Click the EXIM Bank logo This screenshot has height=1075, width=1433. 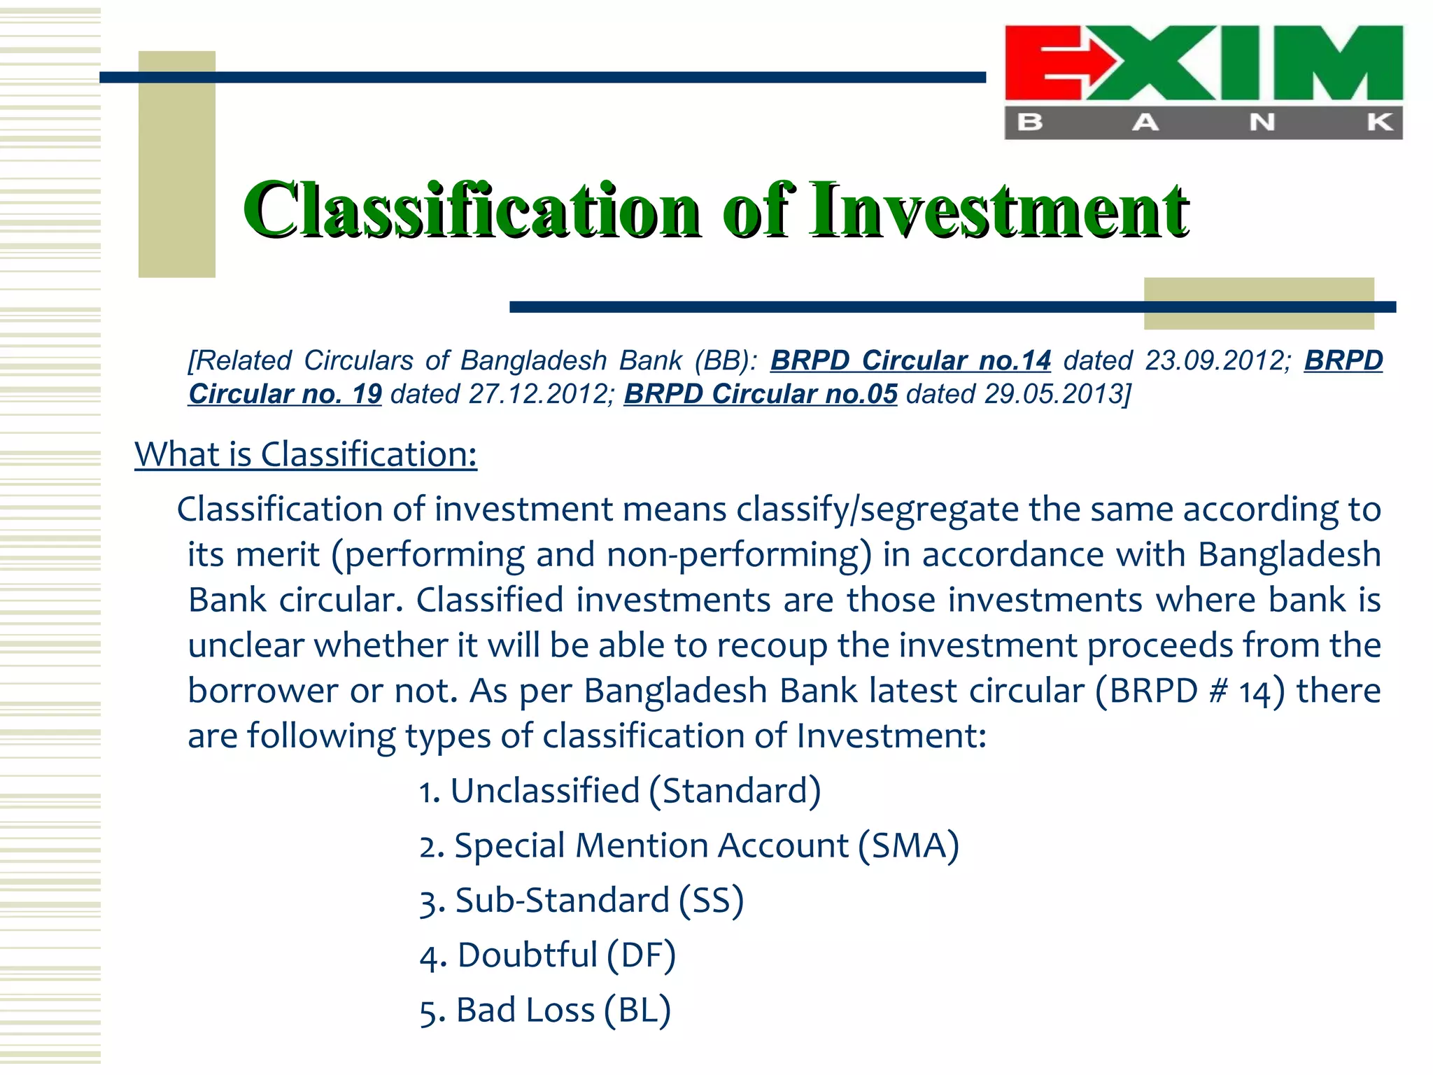1203,82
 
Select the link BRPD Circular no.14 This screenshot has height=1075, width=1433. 910,360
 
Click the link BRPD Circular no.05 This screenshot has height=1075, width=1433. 761,394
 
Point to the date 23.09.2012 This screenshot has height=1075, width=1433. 1217,360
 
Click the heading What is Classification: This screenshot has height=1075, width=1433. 306,454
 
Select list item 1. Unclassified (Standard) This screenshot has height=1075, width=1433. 620,791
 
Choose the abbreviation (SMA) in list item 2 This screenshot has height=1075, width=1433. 909,845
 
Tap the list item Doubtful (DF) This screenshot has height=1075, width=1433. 548,955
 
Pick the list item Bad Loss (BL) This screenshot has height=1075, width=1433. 545,1010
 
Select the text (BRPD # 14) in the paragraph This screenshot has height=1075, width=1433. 1190,691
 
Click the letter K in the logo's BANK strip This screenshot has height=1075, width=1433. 1380,122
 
